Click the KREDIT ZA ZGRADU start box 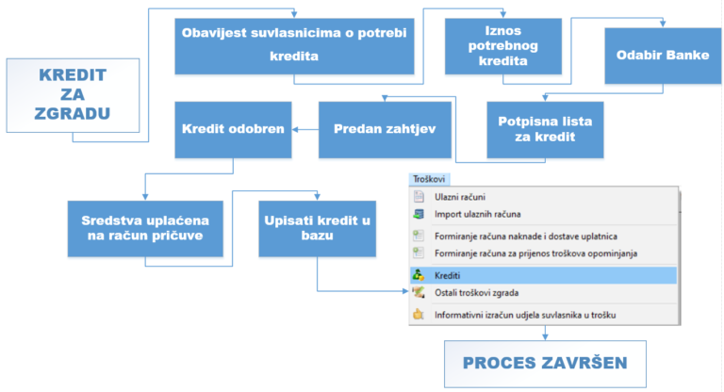point(73,95)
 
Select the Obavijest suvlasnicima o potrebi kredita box point(294,46)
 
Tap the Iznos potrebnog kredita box point(503,46)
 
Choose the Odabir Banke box point(663,56)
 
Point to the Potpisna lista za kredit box point(545,130)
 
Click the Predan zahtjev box point(385,130)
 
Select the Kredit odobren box point(233,130)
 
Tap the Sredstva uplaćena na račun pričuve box point(145,229)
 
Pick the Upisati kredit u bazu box point(317,229)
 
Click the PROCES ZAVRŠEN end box point(545,364)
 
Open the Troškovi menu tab point(429,179)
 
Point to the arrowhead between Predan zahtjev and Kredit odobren point(295,130)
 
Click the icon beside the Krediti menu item point(419,275)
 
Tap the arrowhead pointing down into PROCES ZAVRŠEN point(545,337)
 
